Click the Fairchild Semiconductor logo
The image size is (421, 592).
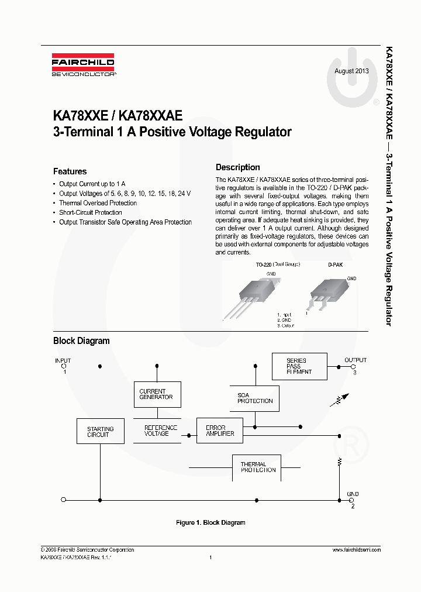[x=82, y=67]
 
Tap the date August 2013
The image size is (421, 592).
[x=351, y=71]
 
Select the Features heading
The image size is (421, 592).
[x=70, y=171]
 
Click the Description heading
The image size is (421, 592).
[x=237, y=167]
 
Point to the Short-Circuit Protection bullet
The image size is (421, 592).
[x=90, y=212]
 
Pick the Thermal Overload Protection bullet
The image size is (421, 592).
[x=98, y=203]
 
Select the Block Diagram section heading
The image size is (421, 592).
[x=81, y=340]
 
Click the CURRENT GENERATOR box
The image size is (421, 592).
[x=156, y=394]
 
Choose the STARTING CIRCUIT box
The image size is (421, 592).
[x=100, y=432]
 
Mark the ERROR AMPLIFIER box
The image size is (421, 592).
[x=219, y=431]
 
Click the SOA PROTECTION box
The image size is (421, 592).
[x=255, y=398]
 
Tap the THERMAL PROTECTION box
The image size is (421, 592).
[x=258, y=467]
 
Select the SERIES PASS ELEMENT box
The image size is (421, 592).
[x=299, y=366]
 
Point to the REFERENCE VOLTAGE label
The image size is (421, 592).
[x=157, y=431]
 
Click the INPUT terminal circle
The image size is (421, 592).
[x=63, y=366]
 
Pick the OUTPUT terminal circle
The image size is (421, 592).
[x=353, y=366]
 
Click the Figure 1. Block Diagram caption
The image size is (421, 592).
[x=210, y=522]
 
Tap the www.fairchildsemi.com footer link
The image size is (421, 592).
[x=356, y=550]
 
